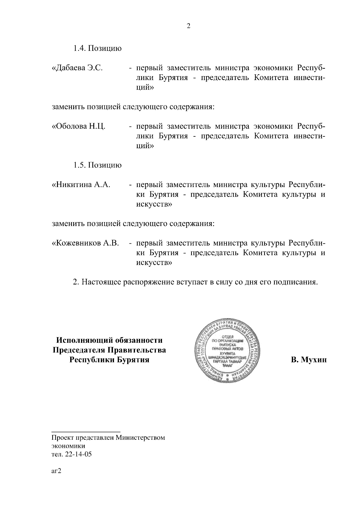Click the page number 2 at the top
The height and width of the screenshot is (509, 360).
click(x=188, y=26)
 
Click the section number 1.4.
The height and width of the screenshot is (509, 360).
click(x=80, y=49)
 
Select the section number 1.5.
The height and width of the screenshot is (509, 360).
click(x=80, y=165)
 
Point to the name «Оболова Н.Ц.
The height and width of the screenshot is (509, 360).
click(x=79, y=127)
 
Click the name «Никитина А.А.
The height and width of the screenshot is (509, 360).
click(x=81, y=185)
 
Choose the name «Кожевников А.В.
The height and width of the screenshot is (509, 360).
click(x=86, y=243)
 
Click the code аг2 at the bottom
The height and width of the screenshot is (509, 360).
click(x=56, y=472)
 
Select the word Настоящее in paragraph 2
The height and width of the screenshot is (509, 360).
click(x=101, y=282)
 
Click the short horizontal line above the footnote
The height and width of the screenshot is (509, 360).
click(x=86, y=431)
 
